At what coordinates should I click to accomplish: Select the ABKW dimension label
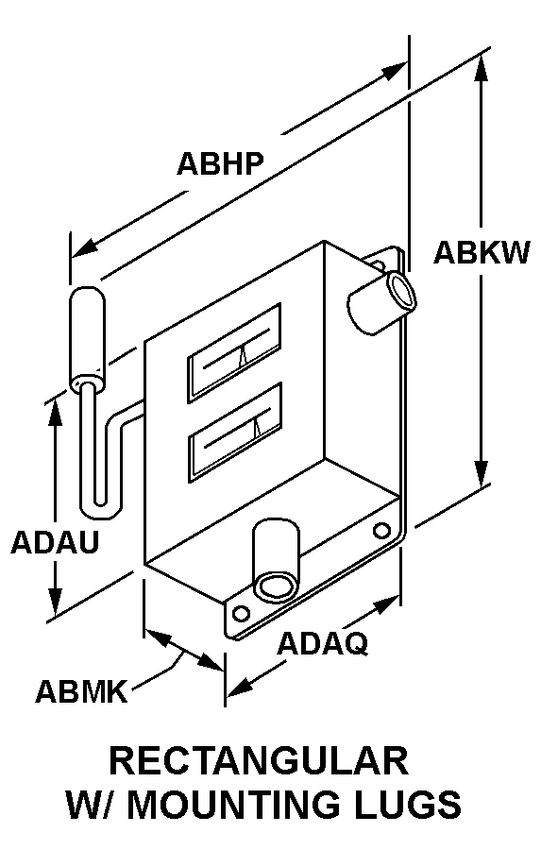[482, 252]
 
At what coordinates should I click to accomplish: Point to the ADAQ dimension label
[323, 643]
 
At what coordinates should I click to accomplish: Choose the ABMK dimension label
[82, 691]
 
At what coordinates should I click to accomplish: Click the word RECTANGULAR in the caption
[259, 760]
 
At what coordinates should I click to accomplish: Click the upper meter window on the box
[234, 352]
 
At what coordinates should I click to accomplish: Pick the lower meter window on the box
[234, 432]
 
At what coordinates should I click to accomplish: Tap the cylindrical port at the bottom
[277, 561]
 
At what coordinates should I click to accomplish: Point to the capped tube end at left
[86, 336]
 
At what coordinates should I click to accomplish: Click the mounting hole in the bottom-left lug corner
[240, 614]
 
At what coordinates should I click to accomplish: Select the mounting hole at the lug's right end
[381, 530]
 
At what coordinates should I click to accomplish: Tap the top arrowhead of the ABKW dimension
[481, 69]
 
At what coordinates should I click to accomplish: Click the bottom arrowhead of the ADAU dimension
[55, 603]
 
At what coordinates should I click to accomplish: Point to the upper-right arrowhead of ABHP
[394, 71]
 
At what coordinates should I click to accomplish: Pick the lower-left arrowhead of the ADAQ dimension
[240, 687]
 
